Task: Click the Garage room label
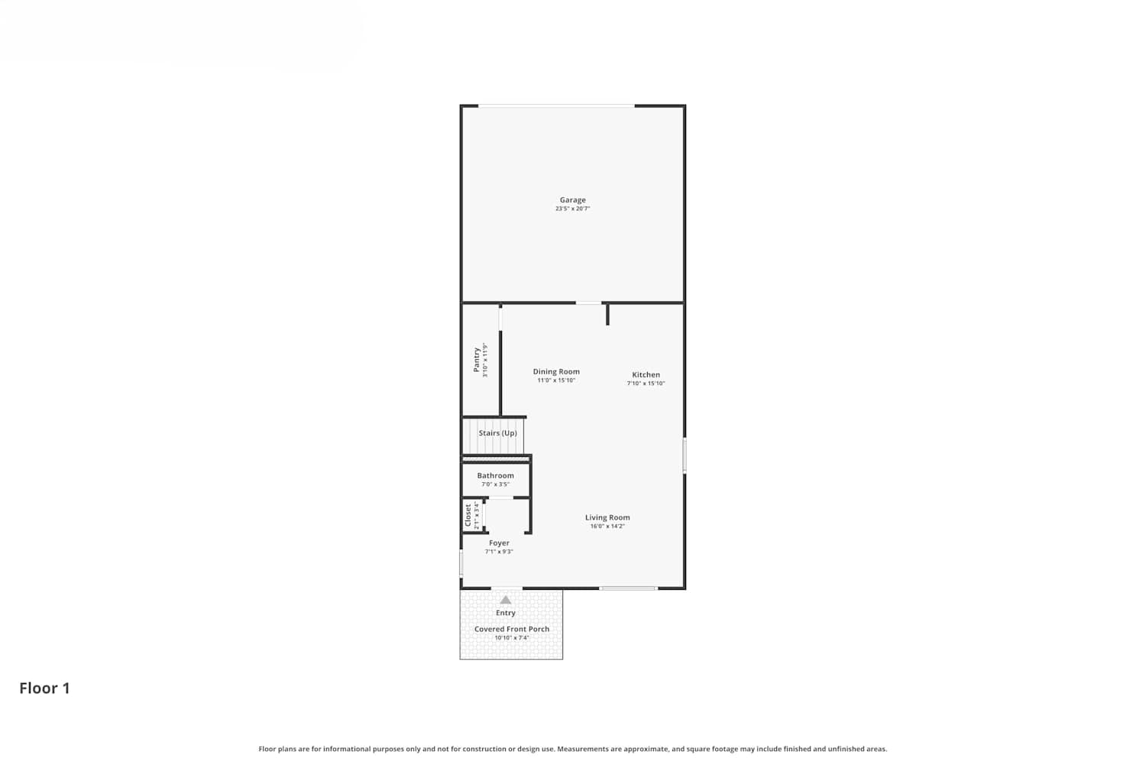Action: (x=572, y=200)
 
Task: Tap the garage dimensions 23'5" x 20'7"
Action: (x=572, y=209)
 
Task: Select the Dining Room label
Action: (x=556, y=371)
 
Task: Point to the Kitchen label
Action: (x=646, y=374)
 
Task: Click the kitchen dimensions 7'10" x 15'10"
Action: (x=646, y=384)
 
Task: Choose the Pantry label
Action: (x=476, y=360)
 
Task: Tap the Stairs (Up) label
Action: (x=498, y=433)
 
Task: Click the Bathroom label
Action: (x=495, y=475)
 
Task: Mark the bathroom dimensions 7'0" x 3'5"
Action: (x=495, y=484)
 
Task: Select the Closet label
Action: (x=468, y=515)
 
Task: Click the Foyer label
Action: (x=499, y=543)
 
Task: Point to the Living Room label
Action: (x=607, y=517)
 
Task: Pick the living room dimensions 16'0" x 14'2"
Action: (x=607, y=526)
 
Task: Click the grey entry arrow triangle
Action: (x=506, y=601)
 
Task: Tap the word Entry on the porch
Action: (x=506, y=613)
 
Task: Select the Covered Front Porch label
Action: (x=512, y=629)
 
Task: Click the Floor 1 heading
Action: (x=44, y=688)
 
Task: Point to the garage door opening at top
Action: (x=556, y=106)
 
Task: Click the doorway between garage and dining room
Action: (x=588, y=303)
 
